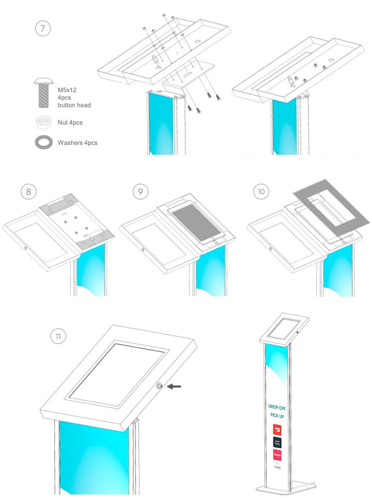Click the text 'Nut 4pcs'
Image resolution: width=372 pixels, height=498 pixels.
70,122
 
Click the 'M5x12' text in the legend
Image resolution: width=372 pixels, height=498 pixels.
68,90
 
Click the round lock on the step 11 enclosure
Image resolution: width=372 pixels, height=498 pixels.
160,386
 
